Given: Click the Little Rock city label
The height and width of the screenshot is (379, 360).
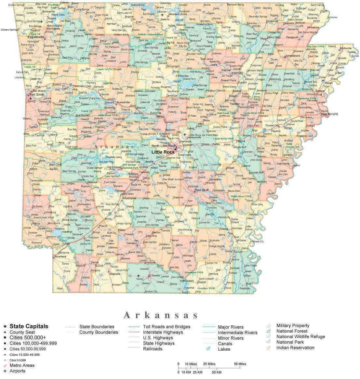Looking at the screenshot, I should tap(163, 152).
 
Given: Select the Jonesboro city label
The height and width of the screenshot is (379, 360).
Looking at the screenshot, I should tap(292, 56).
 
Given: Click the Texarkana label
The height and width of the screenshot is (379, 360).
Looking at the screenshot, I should tap(60, 256).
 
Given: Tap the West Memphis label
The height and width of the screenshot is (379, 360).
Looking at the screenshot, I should tap(329, 114).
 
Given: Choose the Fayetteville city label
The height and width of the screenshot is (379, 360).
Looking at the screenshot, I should tap(36, 37).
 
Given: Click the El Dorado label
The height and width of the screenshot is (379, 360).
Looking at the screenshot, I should tap(154, 276).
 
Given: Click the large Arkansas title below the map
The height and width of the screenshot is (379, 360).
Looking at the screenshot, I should tap(161, 315).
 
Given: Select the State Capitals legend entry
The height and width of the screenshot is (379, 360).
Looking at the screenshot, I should tap(29, 326).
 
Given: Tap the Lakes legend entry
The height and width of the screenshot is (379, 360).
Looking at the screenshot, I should tap(224, 349).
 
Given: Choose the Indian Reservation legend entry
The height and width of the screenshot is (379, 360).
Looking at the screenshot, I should tap(295, 347).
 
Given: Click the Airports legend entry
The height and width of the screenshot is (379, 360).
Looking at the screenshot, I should tap(17, 371).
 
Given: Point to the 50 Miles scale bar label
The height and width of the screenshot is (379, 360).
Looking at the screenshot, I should tap(239, 364).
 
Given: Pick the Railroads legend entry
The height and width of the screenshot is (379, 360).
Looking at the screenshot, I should tap(152, 349).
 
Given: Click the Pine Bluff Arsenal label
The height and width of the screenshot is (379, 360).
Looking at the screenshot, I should tap(173, 179).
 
